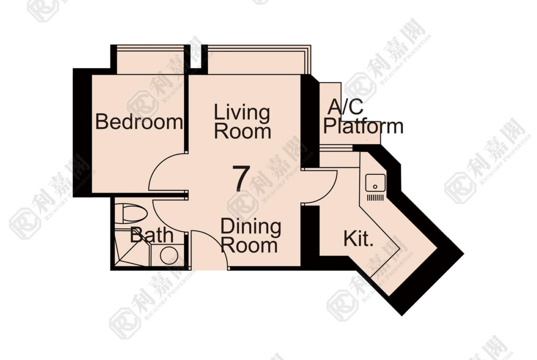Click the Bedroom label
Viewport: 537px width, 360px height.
pos(139,122)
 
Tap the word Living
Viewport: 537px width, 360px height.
pos(242,113)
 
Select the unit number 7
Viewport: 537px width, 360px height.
pos(241,178)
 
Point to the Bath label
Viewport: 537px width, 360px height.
pos(152,235)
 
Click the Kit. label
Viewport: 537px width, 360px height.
pos(358,238)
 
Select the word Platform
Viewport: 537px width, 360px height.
pos(363,126)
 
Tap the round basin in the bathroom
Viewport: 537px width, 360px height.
pos(169,255)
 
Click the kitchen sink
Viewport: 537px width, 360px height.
pos(375,183)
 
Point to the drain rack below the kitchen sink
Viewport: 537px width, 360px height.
pos(375,198)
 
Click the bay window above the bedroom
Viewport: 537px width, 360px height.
pos(151,60)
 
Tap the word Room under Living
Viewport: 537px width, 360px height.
pos(242,132)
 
